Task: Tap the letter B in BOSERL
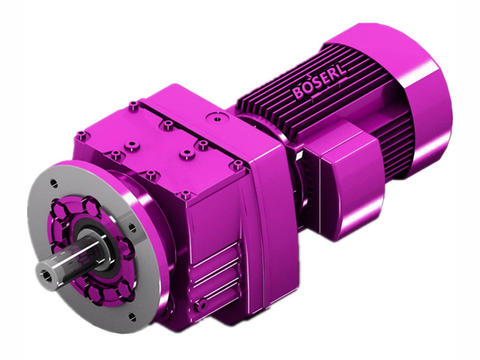[298, 94]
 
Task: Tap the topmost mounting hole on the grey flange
[52, 181]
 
